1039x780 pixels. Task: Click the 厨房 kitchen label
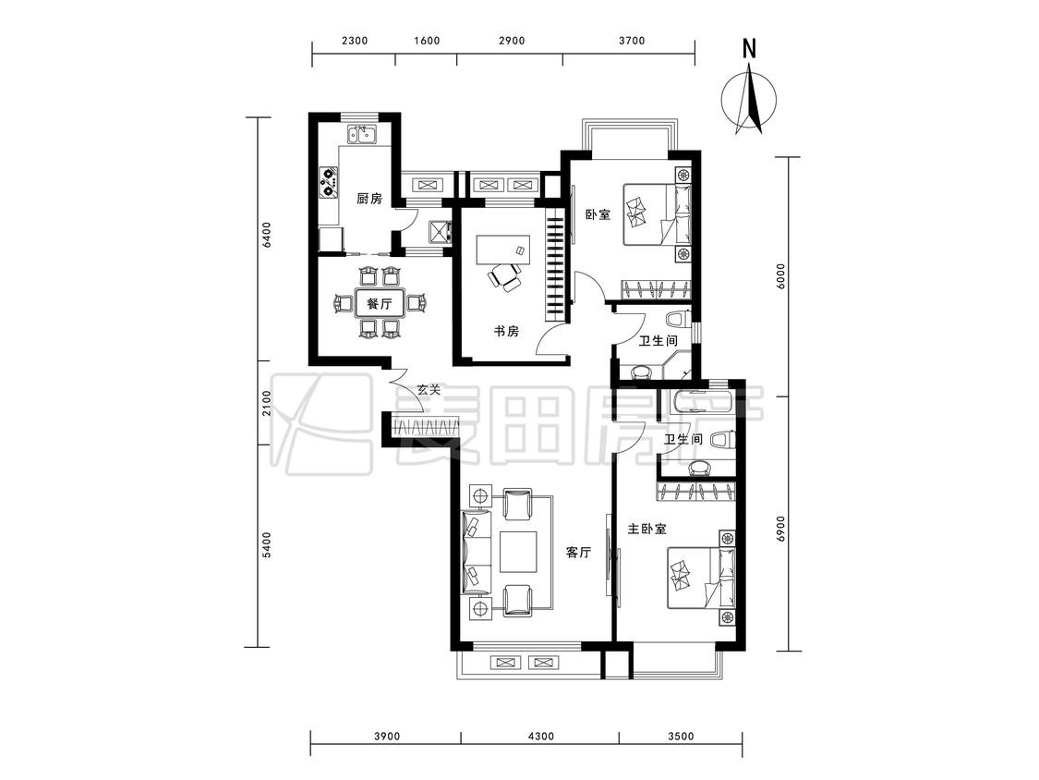click(369, 199)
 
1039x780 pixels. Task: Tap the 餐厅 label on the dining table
click(379, 304)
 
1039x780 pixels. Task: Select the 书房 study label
click(506, 331)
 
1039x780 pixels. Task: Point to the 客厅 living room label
click(578, 552)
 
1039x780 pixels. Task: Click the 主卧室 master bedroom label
click(647, 529)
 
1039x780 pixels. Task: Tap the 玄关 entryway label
click(429, 390)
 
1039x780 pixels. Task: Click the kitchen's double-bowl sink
click(362, 135)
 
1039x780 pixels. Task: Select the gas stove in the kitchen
click(330, 182)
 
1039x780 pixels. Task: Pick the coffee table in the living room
click(517, 552)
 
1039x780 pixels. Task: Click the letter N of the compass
click(749, 49)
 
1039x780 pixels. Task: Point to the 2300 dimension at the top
click(355, 41)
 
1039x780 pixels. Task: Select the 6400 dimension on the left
click(266, 235)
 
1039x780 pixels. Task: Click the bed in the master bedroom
click(701, 577)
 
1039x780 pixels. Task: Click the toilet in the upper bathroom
click(677, 320)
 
